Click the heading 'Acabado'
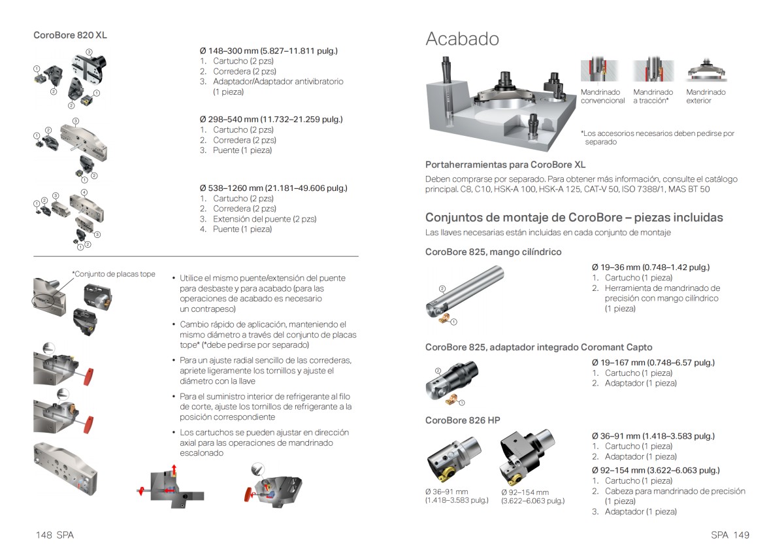tap(462, 39)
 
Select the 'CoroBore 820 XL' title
tap(70, 35)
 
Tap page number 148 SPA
tap(55, 535)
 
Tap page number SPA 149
tap(730, 535)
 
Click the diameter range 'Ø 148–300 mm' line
tap(269, 51)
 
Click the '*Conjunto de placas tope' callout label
tap(114, 274)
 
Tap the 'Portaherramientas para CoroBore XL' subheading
tap(505, 165)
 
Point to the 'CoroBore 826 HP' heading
tap(463, 420)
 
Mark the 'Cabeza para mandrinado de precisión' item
tap(674, 492)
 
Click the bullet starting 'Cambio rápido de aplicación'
tap(268, 335)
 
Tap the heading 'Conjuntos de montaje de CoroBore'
tap(574, 218)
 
